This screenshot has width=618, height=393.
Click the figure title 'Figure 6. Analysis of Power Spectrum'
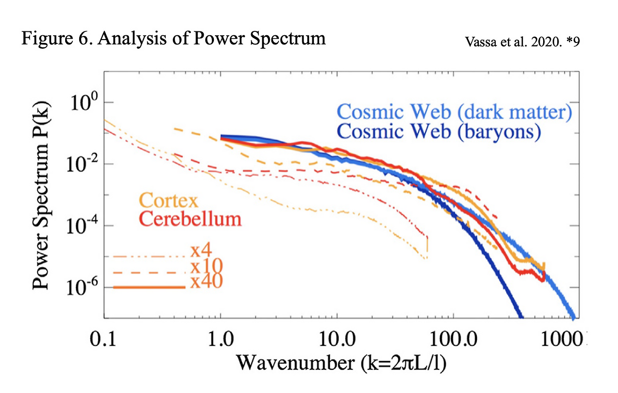pos(173,38)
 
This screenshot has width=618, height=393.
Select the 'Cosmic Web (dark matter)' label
pos(454,112)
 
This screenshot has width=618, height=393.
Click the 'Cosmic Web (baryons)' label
pos(439,131)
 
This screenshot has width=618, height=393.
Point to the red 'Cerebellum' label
pos(190,219)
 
